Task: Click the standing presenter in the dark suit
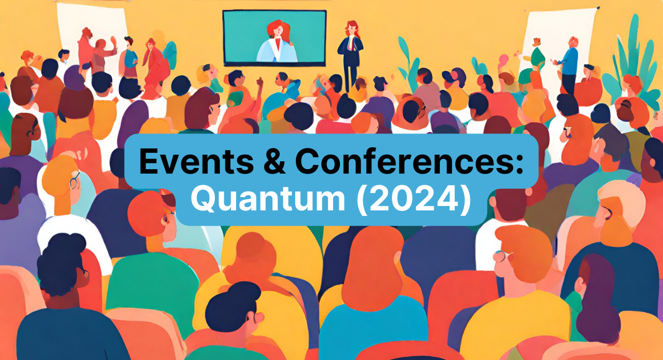tap(350, 53)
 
